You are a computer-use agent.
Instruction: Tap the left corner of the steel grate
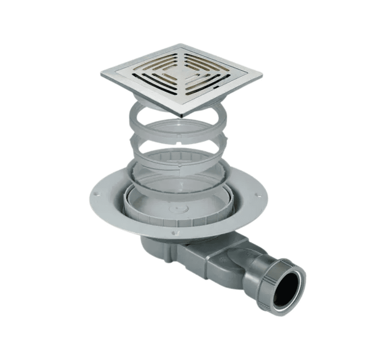[x=102, y=74]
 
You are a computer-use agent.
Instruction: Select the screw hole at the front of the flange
[x=174, y=233]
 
